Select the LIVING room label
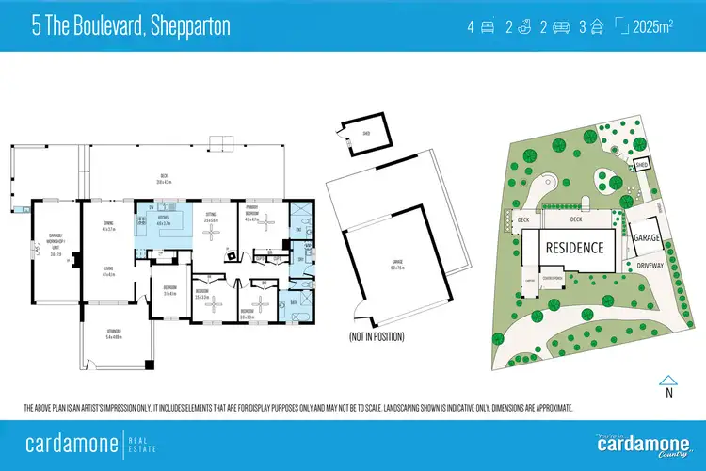pyautogui.click(x=108, y=272)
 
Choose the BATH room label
pyautogui.click(x=296, y=303)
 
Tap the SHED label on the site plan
pyautogui.click(x=642, y=163)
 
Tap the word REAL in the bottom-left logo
pyautogui.click(x=145, y=437)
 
